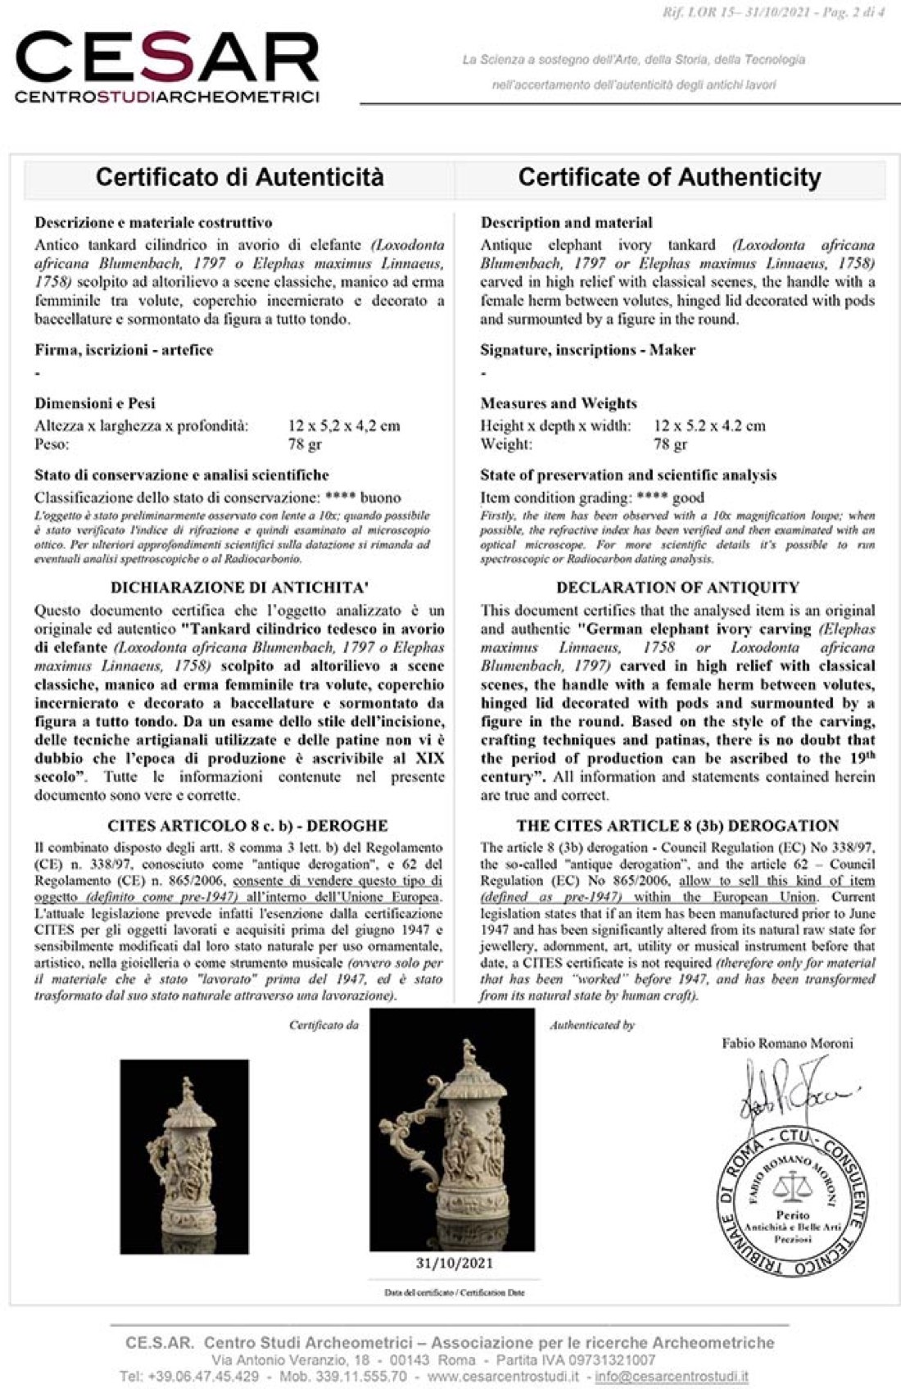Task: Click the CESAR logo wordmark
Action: pos(167,59)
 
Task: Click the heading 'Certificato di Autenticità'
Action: pos(239,177)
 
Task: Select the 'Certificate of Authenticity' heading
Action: pos(669,177)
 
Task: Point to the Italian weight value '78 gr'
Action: pos(305,444)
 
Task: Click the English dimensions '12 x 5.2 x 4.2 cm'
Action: pos(709,425)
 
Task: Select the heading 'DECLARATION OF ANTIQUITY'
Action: pos(677,588)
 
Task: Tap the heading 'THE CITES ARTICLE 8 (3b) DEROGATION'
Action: pos(677,826)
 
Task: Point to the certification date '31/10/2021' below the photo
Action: pos(454,1263)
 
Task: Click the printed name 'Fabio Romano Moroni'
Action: pos(787,1043)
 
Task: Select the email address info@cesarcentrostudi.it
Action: pos(671,1376)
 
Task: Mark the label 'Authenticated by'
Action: pos(592,1025)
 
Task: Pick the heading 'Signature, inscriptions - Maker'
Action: pos(587,350)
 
